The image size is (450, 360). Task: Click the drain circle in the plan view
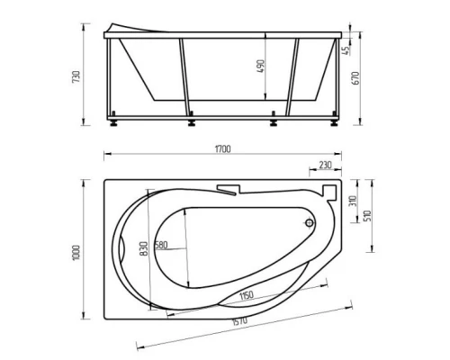[x=310, y=223]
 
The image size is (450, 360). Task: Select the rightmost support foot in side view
[x=332, y=117]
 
